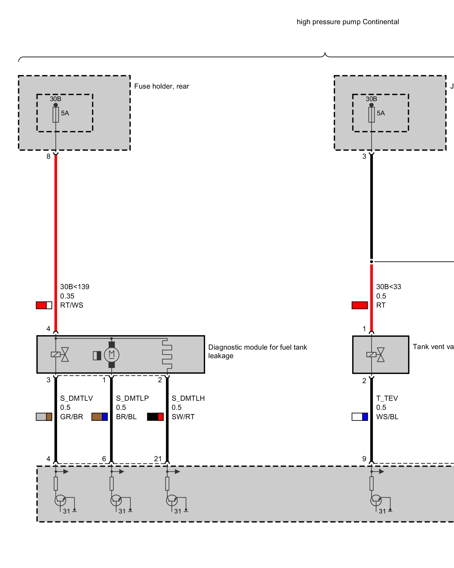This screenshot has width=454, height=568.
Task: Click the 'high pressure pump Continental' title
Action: (348, 22)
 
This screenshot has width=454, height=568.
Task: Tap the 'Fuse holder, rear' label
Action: (161, 86)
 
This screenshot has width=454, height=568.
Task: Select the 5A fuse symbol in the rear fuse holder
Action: (56, 114)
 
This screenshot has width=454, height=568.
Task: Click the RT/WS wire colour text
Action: (72, 305)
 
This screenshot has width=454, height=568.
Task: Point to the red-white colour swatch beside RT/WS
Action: (44, 305)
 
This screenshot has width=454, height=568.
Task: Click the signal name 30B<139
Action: (75, 287)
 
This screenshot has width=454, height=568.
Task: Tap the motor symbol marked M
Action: (112, 355)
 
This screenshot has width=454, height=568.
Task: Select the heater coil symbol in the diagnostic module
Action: (167, 354)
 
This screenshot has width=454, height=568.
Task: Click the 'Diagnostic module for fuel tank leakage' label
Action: (257, 351)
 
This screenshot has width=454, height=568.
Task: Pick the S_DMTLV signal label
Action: (76, 398)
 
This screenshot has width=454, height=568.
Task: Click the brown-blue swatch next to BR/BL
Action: (100, 417)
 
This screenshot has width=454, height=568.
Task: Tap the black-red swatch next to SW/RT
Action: (155, 417)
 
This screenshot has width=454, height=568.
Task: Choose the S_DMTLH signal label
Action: (188, 398)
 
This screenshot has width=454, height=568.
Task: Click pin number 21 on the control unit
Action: (158, 459)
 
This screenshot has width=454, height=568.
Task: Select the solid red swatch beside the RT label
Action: (360, 305)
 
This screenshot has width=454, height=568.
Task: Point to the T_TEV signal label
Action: (387, 398)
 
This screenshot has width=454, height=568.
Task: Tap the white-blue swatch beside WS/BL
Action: (360, 417)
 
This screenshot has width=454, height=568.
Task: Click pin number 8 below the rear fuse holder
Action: (49, 156)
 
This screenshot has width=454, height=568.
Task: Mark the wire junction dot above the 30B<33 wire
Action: (371, 262)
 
